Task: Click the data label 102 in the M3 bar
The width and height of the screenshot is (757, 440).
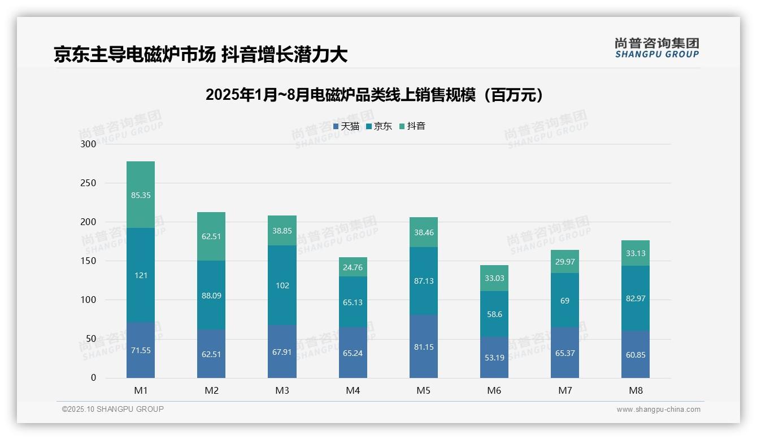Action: (x=282, y=285)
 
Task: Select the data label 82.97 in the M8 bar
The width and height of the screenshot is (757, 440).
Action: (x=635, y=298)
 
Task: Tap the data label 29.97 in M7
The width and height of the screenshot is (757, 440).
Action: (x=564, y=262)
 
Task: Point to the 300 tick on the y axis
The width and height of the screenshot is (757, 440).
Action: (x=89, y=144)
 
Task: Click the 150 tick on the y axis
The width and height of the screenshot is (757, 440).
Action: (x=89, y=261)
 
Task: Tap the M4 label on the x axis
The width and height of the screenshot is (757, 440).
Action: (x=353, y=391)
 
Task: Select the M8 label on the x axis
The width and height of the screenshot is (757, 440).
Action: (x=635, y=391)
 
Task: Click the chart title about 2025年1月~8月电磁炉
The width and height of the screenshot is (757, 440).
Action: (x=375, y=95)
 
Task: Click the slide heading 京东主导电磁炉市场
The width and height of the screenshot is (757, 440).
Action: (x=201, y=54)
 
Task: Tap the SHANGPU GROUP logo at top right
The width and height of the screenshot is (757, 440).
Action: (x=656, y=48)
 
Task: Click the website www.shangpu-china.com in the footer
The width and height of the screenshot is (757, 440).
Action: (x=658, y=410)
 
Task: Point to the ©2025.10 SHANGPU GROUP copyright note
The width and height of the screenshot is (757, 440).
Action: (x=113, y=410)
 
